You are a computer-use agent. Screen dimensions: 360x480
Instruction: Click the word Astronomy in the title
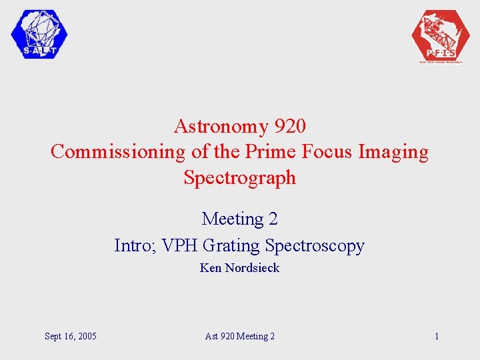point(212,125)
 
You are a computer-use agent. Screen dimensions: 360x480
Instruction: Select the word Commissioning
point(119,152)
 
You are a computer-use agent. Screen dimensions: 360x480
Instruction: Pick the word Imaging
point(393,152)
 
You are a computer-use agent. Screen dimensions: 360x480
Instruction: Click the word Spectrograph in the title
point(239,178)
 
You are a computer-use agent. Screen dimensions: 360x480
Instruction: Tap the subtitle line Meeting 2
point(239,219)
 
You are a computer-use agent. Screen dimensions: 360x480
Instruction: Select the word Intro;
point(136,245)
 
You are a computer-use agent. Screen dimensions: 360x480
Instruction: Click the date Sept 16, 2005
point(71,336)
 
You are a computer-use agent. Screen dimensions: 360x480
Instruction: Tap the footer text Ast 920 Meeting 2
point(239,336)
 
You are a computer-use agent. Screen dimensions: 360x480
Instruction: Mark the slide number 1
point(437,336)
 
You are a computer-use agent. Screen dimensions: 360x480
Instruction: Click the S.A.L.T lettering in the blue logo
point(39,51)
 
